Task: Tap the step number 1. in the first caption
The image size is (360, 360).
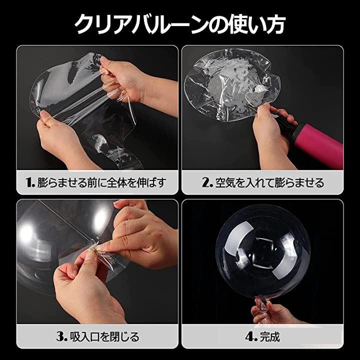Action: tap(30, 182)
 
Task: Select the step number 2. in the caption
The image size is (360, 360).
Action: tap(207, 182)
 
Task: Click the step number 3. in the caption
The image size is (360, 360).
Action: tap(61, 336)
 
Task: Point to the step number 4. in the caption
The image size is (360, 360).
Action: tap(251, 337)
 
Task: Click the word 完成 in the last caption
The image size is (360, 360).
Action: tap(270, 337)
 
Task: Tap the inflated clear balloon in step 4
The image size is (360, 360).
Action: tap(262, 251)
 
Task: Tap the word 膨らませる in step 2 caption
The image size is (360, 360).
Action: tap(301, 183)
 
